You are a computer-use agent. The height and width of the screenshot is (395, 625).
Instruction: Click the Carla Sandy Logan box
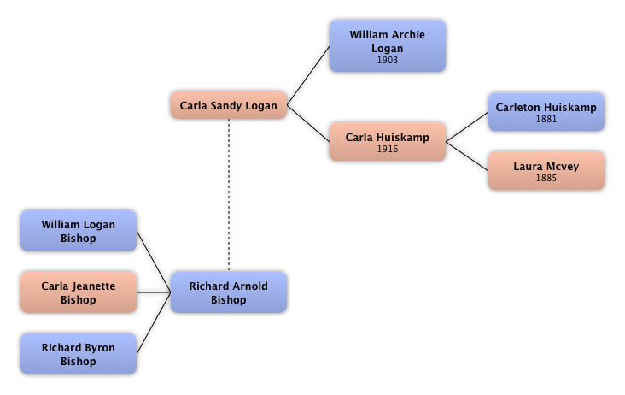click(x=228, y=107)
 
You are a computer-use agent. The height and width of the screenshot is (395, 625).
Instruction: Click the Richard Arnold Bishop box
click(x=228, y=292)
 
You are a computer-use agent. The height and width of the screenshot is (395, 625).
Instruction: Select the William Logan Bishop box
click(x=78, y=231)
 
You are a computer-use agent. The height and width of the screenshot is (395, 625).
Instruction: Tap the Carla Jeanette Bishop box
click(x=78, y=292)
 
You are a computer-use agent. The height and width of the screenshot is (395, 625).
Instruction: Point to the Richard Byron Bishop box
click(x=78, y=354)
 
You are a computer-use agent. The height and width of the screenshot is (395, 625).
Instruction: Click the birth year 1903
click(x=387, y=61)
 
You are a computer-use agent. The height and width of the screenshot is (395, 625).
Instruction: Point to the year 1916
click(x=387, y=149)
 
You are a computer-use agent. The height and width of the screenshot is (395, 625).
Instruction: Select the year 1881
click(x=546, y=119)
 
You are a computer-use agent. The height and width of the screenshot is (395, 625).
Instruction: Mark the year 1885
click(x=546, y=179)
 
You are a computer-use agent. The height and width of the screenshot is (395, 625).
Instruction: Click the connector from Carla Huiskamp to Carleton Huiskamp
click(x=467, y=126)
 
